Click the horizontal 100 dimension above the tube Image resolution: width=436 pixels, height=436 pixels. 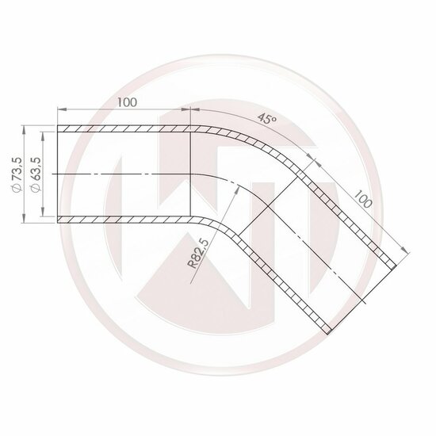point(124,101)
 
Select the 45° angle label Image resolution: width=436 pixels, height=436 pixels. point(266,120)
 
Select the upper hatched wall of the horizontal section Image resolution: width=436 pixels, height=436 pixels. point(124,128)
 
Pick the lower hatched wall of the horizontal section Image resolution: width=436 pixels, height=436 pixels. point(124,219)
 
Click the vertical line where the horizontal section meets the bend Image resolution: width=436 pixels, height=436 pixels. point(189,174)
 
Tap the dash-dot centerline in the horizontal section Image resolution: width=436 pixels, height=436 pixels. point(127,174)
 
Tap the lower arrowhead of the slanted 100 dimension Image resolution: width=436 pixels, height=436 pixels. point(409,251)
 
